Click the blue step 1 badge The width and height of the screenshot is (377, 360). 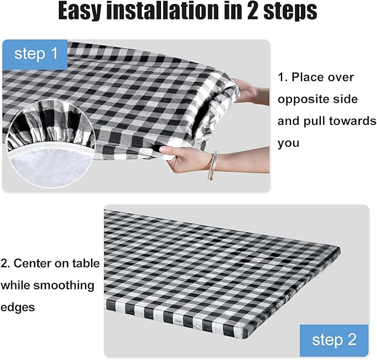[x=36, y=54]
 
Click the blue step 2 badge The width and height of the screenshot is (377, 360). [x=333, y=340]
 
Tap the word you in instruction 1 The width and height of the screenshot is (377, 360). [x=289, y=143]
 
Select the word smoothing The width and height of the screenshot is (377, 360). [x=63, y=285]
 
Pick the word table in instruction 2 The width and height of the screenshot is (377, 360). [x=86, y=263]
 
